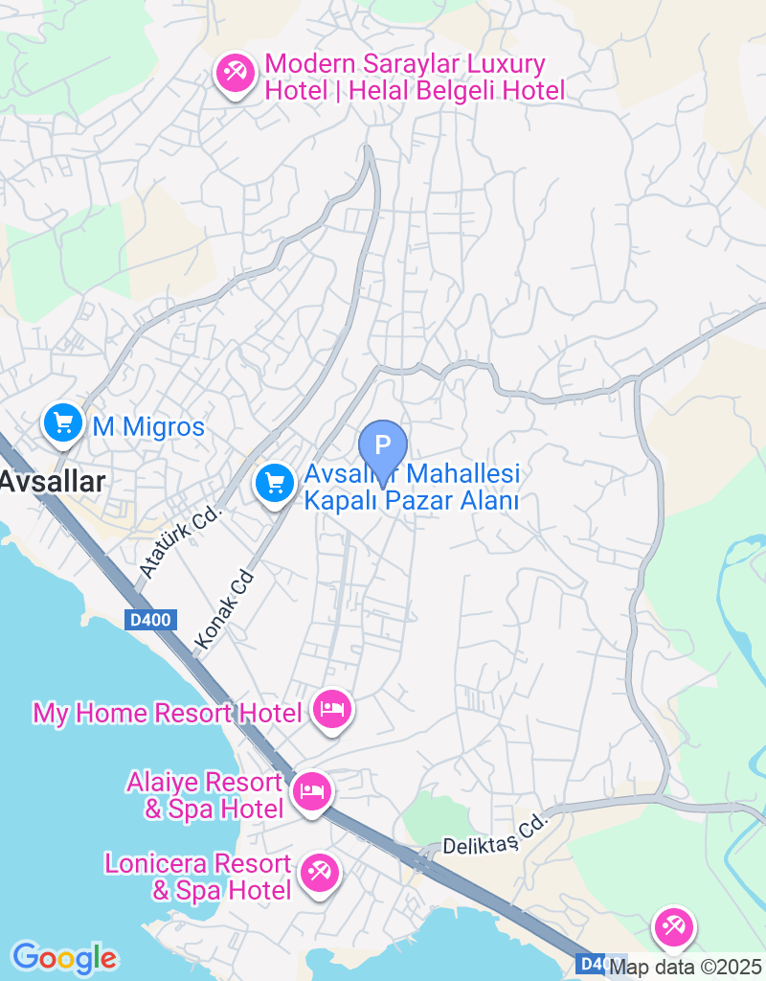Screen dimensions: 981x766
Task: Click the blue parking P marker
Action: click(383, 446)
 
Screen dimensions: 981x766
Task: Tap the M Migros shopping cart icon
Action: click(63, 422)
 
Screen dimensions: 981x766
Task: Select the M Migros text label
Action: click(148, 426)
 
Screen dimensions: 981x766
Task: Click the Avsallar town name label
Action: click(52, 482)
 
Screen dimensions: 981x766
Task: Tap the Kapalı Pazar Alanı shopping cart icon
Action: click(276, 482)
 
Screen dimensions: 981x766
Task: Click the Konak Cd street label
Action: click(226, 607)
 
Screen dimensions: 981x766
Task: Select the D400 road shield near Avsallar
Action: click(149, 620)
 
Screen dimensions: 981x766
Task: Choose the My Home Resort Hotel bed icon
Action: click(331, 710)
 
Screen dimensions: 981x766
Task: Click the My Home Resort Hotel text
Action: click(168, 713)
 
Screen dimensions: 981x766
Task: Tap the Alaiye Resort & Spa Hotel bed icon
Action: click(312, 792)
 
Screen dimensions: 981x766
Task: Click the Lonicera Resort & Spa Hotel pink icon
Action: click(317, 874)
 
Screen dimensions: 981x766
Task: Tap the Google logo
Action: click(64, 957)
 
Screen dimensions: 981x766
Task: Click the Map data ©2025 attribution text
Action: click(686, 968)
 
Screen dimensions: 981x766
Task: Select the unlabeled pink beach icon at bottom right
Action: click(674, 926)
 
